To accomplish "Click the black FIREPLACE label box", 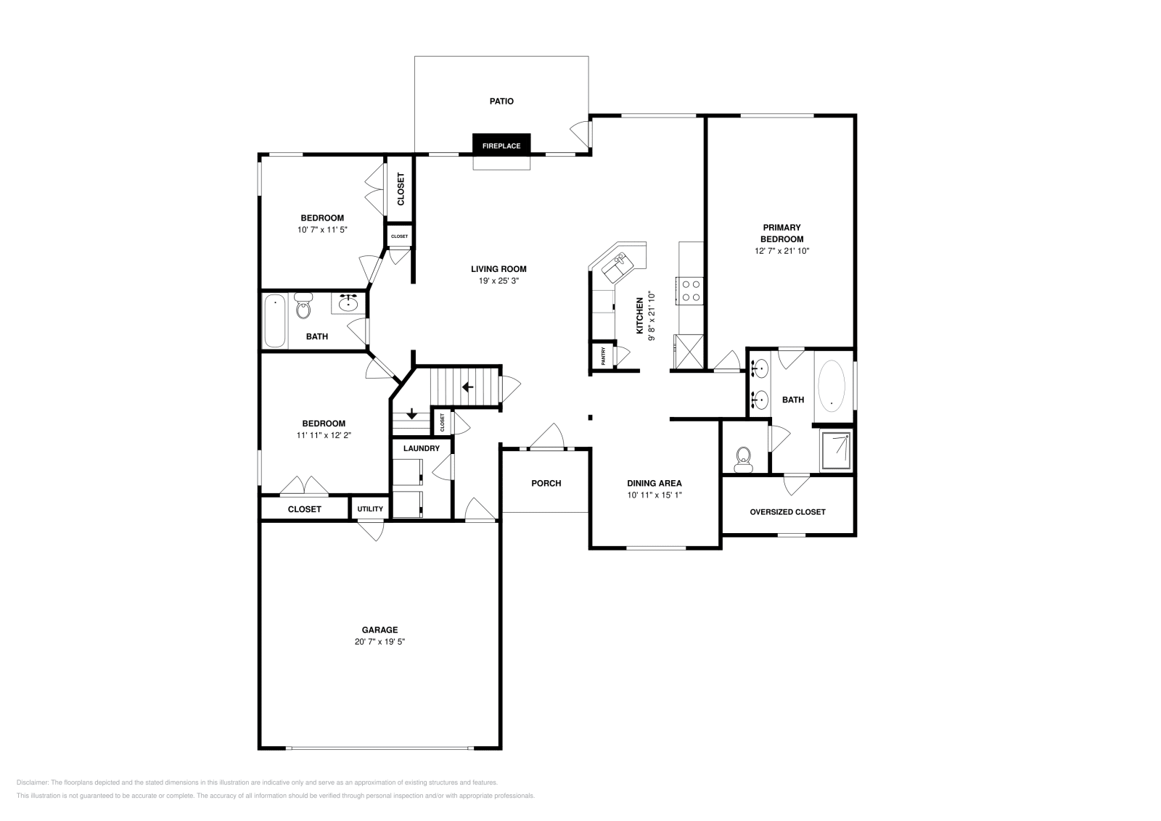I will [501, 145].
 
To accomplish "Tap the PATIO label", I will [501, 102].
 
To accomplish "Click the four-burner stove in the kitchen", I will [691, 290].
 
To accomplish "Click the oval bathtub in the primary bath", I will [832, 387].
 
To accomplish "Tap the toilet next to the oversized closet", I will [743, 460].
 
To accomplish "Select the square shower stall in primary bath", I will [837, 451].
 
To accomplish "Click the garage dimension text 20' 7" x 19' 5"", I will [380, 642].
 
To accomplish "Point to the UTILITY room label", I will [370, 509].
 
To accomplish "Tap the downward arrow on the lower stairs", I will [411, 414].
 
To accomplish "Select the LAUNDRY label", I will [422, 448].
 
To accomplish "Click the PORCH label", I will [546, 483].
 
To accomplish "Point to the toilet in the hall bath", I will [303, 308].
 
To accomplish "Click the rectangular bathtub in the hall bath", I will [275, 321].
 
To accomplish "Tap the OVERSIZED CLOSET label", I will [787, 511].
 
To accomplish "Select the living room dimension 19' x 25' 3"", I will [499, 280].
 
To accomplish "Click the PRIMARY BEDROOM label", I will [781, 233].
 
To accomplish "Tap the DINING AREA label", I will [654, 483].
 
